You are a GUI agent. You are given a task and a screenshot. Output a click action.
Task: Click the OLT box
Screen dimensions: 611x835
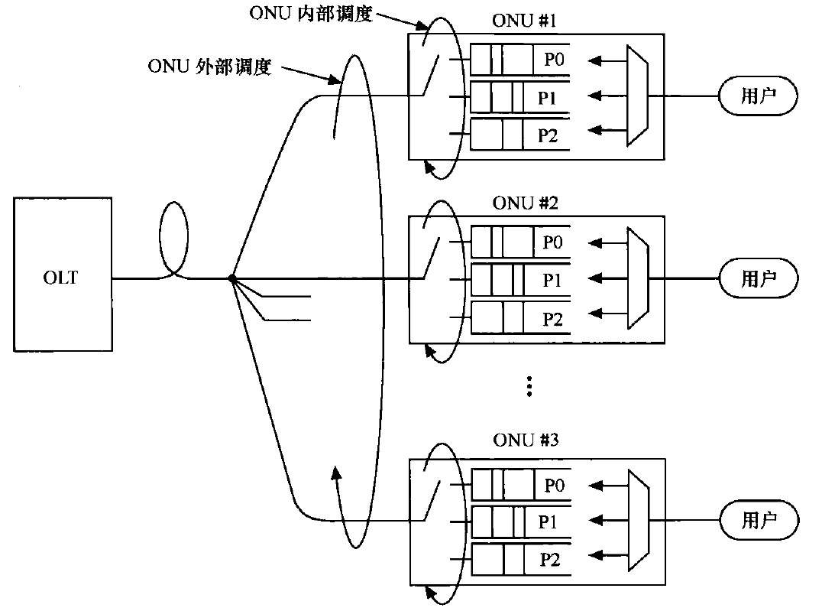click(x=62, y=276)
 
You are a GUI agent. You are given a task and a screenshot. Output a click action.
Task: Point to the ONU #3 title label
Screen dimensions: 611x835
click(x=526, y=440)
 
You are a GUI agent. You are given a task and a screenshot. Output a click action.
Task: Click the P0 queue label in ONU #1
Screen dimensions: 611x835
click(x=554, y=60)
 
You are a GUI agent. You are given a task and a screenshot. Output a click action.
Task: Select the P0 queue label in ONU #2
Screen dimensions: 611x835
click(x=552, y=242)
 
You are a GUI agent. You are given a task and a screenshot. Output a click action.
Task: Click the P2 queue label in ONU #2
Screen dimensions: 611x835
click(x=552, y=318)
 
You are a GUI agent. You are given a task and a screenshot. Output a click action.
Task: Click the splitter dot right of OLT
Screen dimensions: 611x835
click(x=231, y=279)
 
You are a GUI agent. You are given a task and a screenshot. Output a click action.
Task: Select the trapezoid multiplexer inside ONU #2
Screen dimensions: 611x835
click(x=637, y=278)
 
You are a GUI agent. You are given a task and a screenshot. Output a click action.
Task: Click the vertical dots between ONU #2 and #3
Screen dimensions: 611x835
click(x=528, y=386)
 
